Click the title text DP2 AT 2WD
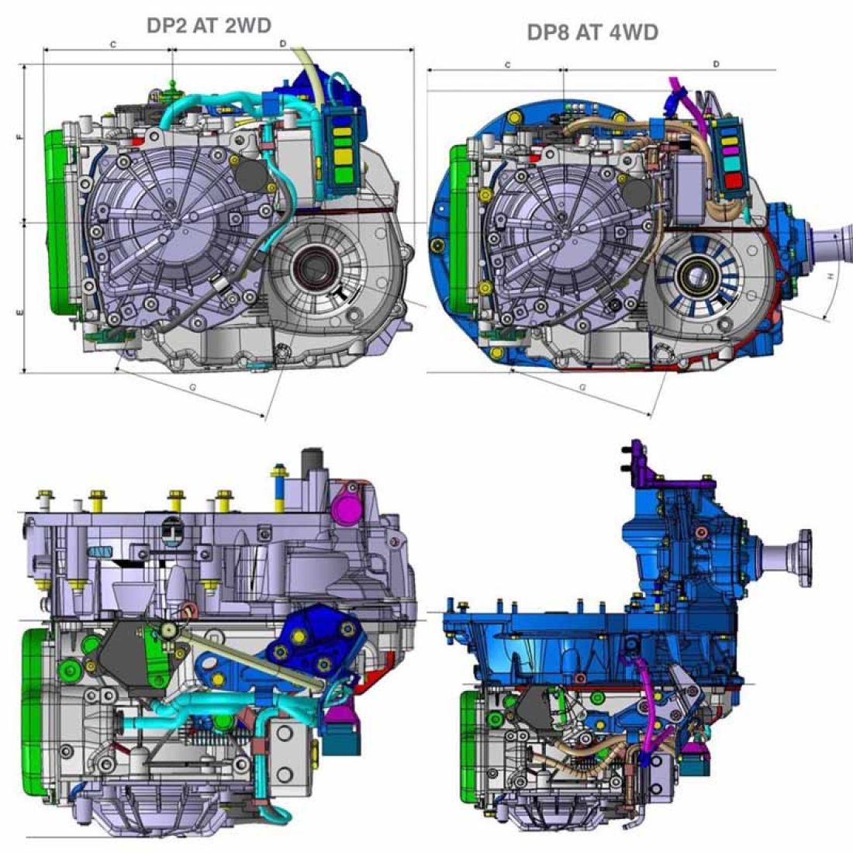point(209,25)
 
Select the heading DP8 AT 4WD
point(592,32)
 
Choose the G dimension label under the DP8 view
point(582,385)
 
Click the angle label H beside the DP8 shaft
point(830,277)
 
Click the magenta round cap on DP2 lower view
point(343,508)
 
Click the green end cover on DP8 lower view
point(468,744)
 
